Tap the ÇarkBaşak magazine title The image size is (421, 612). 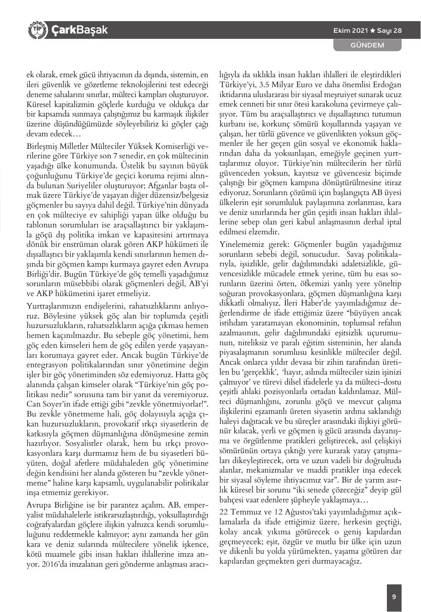79,30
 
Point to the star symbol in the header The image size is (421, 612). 373,31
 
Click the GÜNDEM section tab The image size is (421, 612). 367,45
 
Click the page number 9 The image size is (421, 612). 394,597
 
